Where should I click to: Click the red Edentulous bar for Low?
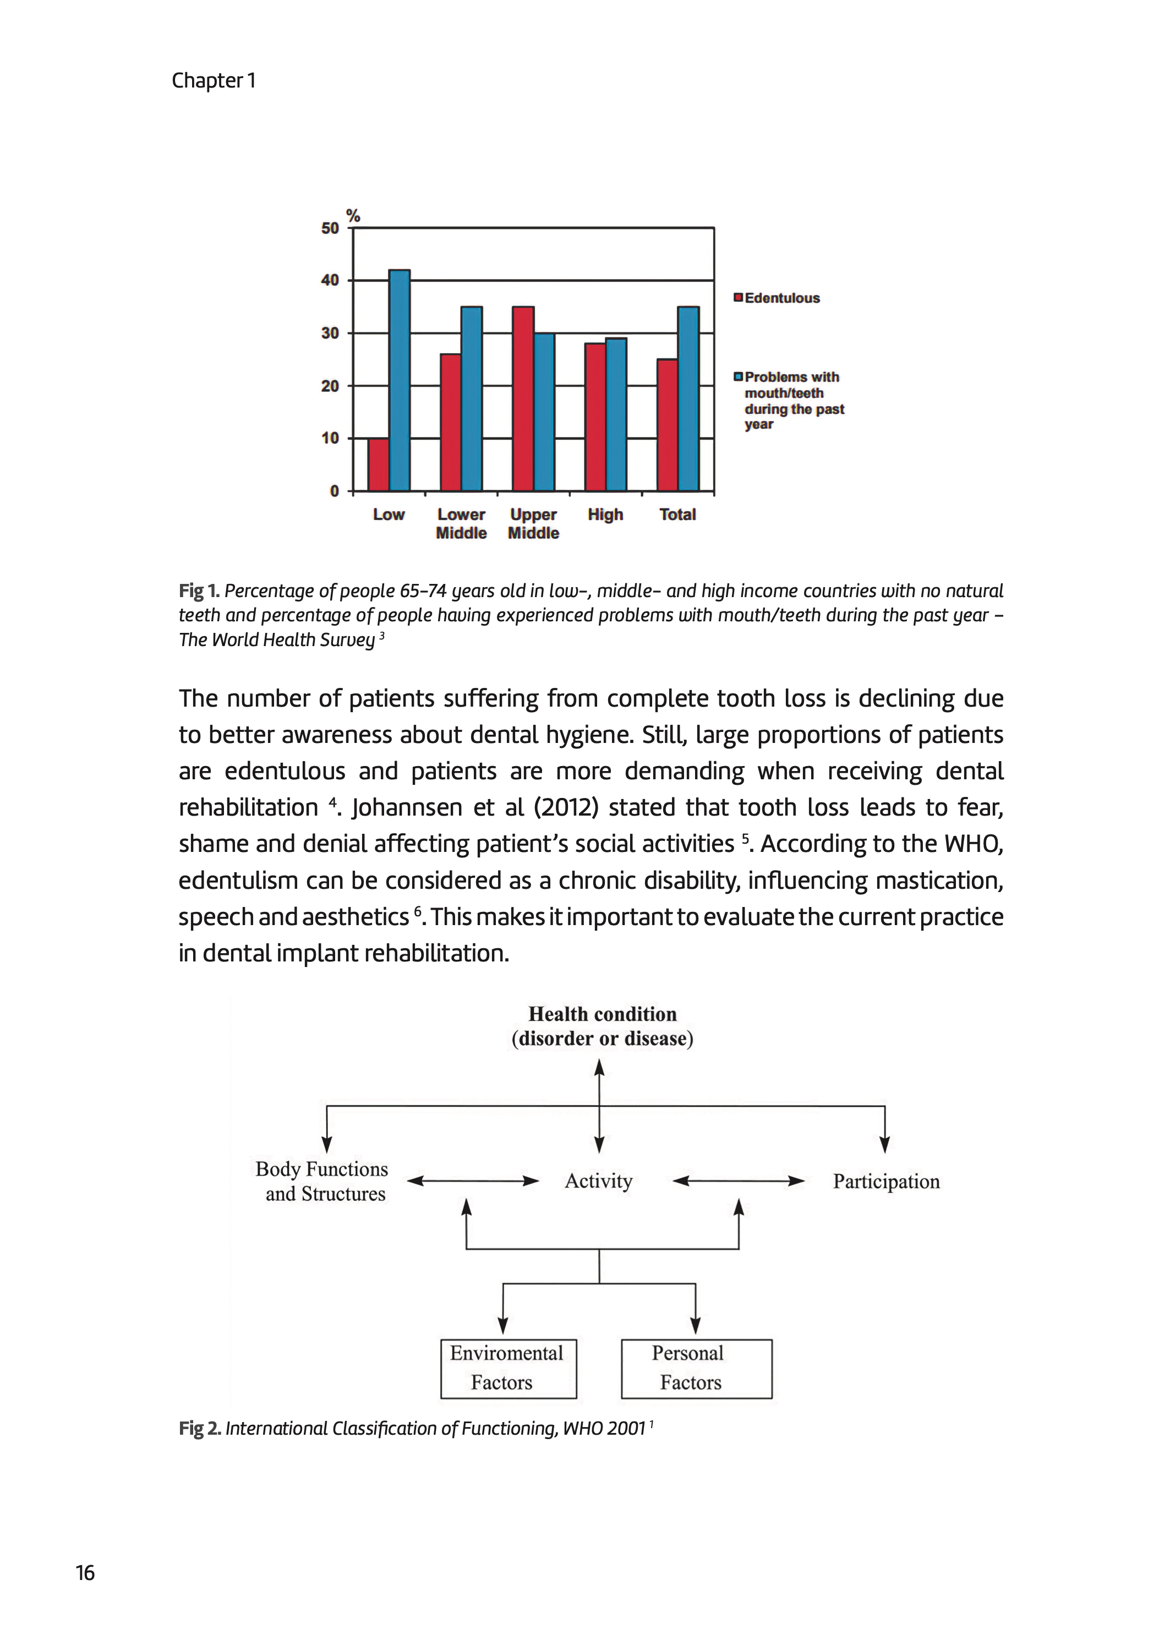[x=378, y=464]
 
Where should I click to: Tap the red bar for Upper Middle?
[x=523, y=398]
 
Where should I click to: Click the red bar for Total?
[x=667, y=425]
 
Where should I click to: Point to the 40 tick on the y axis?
[x=330, y=280]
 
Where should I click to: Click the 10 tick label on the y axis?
[x=330, y=438]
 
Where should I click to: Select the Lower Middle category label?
[x=461, y=524]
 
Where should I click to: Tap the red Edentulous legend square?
[x=738, y=298]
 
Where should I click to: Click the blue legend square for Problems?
[x=738, y=377]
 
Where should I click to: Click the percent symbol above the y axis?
[x=353, y=215]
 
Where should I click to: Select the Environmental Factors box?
[x=509, y=1368]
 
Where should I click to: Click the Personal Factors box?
[x=696, y=1368]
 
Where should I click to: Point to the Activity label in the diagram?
[x=599, y=1180]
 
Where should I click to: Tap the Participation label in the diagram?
[x=886, y=1182]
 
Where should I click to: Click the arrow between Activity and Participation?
[x=739, y=1180]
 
